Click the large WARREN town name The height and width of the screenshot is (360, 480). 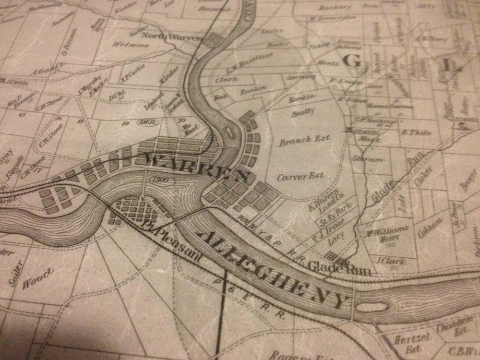point(199,168)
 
